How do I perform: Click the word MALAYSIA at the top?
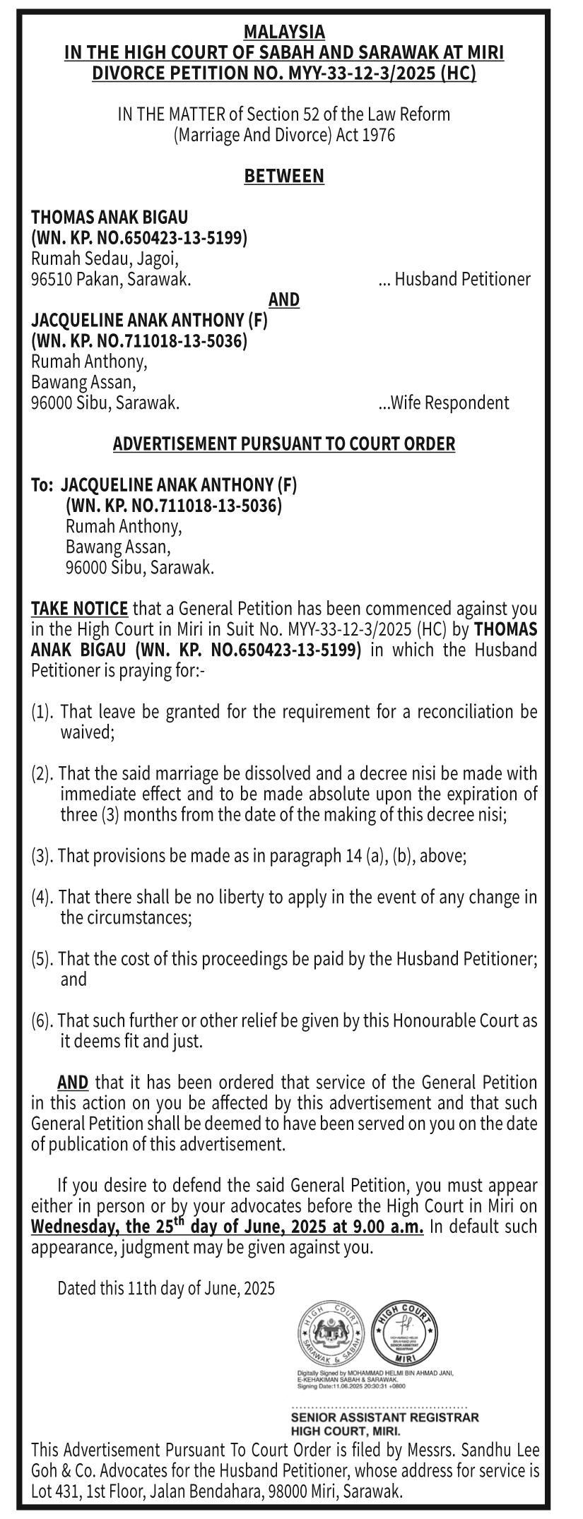[x=284, y=32]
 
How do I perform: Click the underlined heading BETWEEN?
[x=284, y=176]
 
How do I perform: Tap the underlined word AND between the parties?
[x=284, y=300]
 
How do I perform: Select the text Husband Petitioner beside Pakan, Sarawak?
[x=462, y=280]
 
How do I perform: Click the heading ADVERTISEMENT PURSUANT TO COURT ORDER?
[x=284, y=444]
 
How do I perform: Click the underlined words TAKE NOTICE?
[x=79, y=609]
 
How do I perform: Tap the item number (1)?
[x=44, y=712]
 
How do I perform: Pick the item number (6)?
[x=43, y=1021]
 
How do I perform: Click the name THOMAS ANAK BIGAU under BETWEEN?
[x=110, y=217]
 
